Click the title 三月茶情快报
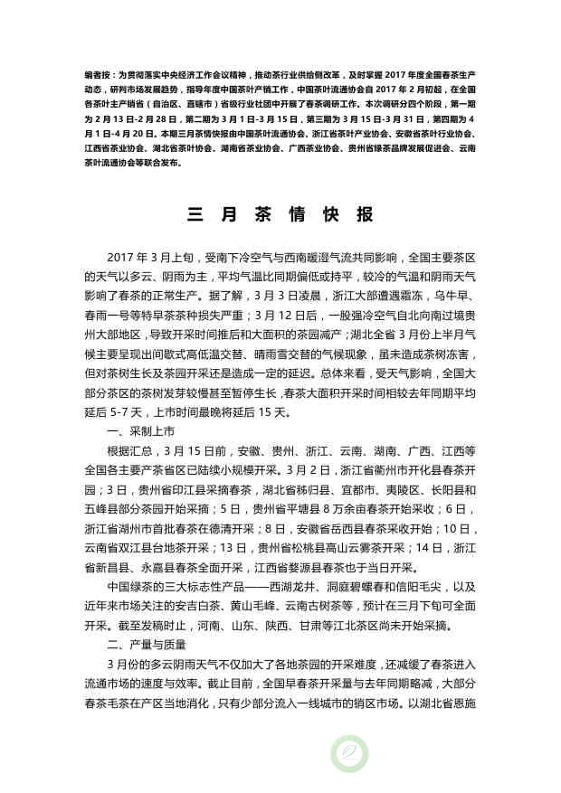coord(280,215)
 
